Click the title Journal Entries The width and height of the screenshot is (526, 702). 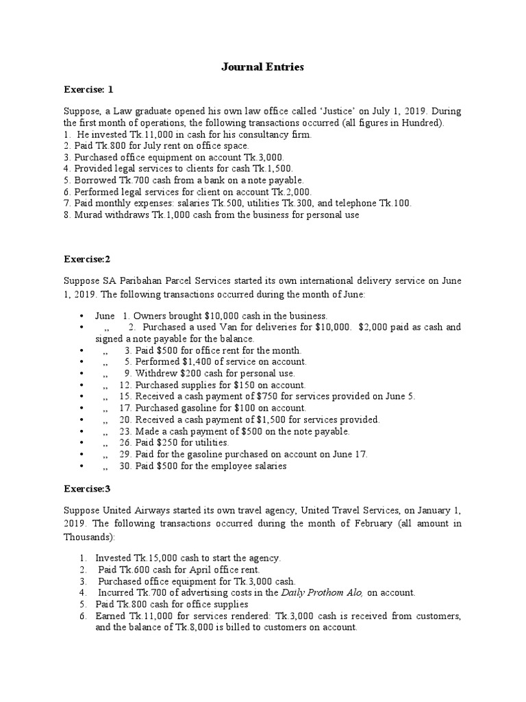click(x=263, y=67)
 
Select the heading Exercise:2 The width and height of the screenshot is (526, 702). click(x=86, y=260)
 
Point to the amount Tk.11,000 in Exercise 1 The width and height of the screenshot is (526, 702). click(x=129, y=135)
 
